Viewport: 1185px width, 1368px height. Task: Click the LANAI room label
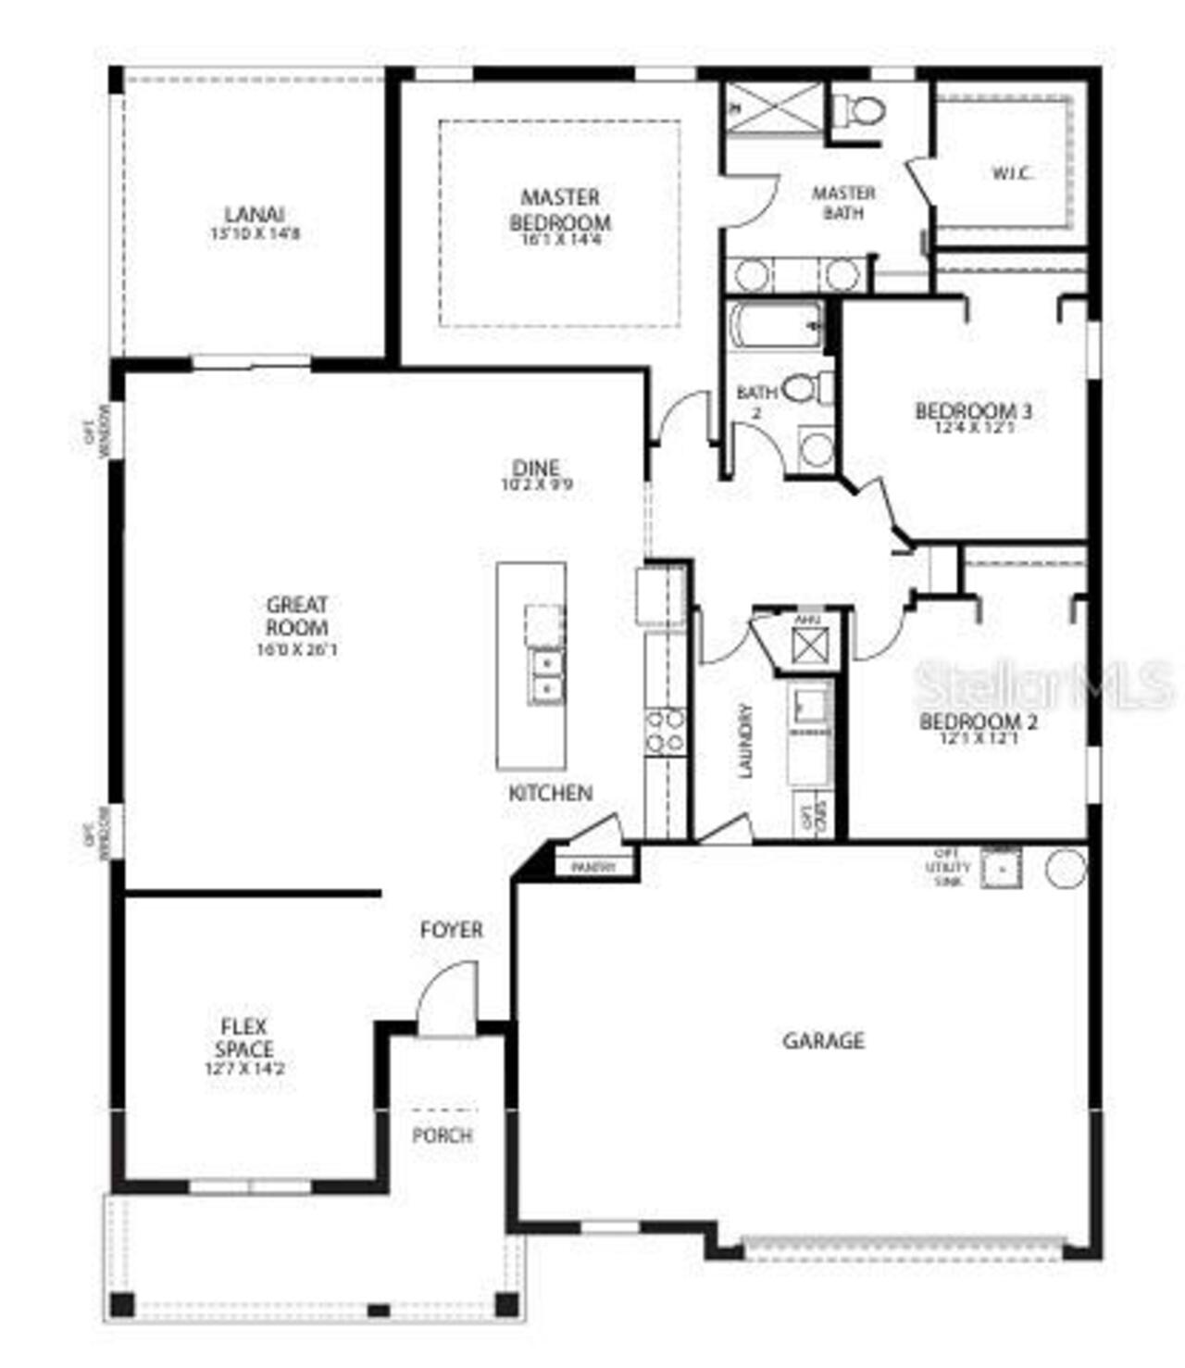click(255, 215)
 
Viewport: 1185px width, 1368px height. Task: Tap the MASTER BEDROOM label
click(560, 210)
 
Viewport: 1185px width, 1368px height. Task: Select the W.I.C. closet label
click(1012, 173)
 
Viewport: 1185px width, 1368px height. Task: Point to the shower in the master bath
click(773, 108)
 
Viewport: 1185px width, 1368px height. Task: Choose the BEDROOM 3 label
click(973, 411)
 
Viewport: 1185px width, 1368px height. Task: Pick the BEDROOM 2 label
click(978, 722)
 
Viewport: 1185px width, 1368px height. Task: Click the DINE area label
click(536, 468)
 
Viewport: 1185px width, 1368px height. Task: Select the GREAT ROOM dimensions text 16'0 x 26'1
click(297, 650)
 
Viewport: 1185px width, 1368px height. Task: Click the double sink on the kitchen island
click(546, 676)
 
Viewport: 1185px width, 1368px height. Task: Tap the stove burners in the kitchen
click(665, 730)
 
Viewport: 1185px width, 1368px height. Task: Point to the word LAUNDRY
click(745, 740)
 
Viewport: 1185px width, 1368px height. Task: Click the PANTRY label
click(593, 868)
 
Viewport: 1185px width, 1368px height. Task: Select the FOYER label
click(452, 930)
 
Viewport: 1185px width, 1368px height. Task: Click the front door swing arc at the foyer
click(445, 996)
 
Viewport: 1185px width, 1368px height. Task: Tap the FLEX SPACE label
click(243, 1037)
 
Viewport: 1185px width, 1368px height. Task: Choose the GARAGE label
click(824, 1041)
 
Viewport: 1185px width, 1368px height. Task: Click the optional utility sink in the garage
click(1001, 869)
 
